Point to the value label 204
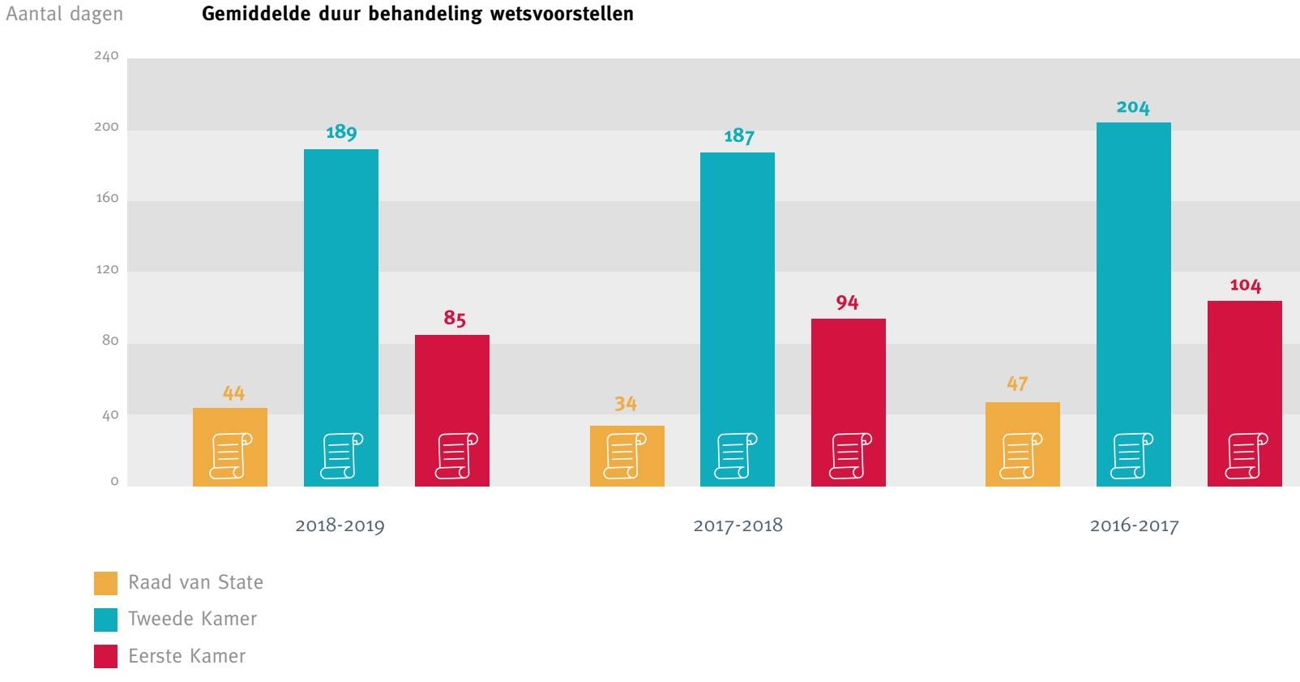(1132, 108)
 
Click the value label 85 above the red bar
(454, 319)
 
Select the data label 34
(626, 404)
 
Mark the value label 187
(738, 136)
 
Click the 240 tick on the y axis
(106, 56)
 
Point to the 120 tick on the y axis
(106, 270)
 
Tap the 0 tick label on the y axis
(114, 482)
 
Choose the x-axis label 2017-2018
(738, 525)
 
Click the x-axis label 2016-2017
(1134, 525)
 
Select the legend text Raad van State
(195, 582)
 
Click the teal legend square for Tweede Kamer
(105, 620)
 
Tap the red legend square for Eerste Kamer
(105, 656)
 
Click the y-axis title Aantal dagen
(64, 15)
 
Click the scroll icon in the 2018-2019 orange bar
(230, 456)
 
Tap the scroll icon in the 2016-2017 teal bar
(1133, 456)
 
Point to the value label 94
(847, 303)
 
